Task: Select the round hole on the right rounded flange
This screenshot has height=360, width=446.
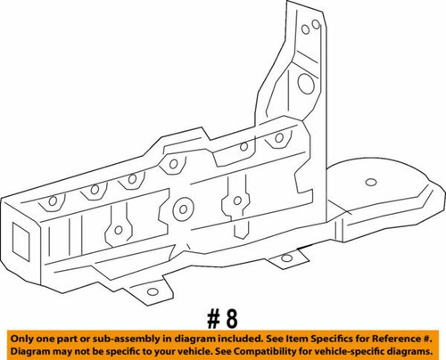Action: coord(368,184)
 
